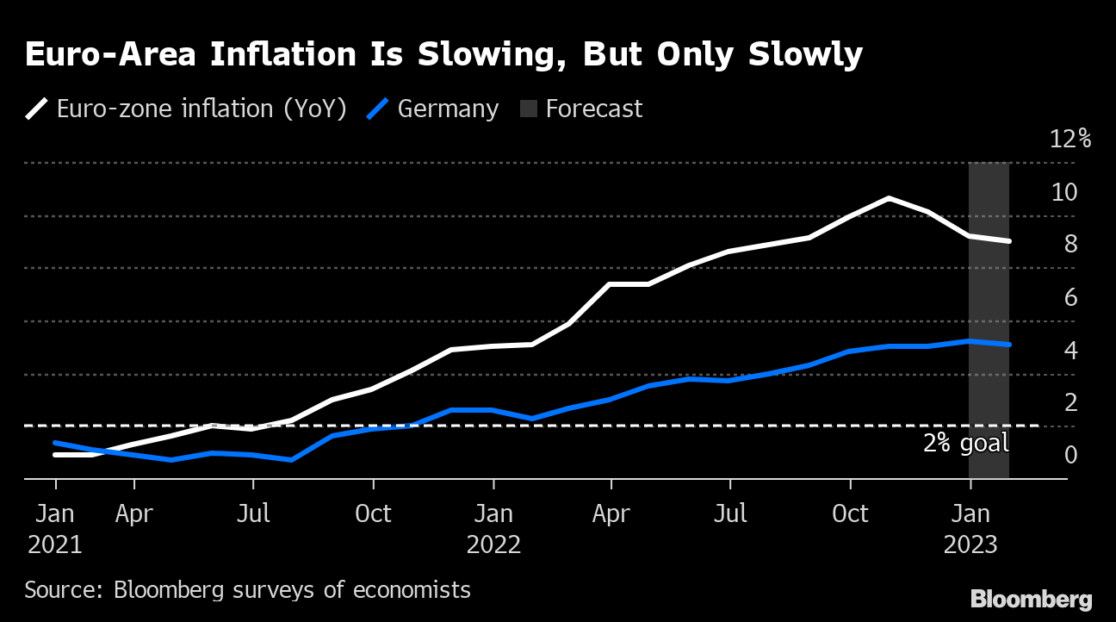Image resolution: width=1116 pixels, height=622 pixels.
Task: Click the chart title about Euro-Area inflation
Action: point(443,54)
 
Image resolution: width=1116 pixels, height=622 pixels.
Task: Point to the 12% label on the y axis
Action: point(1070,139)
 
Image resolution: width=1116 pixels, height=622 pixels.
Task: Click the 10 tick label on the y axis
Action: point(1064,192)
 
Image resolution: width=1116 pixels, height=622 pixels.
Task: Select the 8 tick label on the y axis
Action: point(1070,245)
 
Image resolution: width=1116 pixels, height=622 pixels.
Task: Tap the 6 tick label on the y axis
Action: point(1070,298)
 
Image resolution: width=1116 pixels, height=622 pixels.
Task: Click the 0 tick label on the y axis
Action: point(1070,454)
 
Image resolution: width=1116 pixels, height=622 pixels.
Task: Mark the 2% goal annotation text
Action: point(965,444)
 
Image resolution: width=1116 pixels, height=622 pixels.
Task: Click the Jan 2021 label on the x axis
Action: point(55,529)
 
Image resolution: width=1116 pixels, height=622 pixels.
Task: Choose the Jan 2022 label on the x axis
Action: point(493,529)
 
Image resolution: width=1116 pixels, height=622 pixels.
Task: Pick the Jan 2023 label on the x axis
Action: point(970,529)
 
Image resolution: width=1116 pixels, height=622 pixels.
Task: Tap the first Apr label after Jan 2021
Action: point(134,513)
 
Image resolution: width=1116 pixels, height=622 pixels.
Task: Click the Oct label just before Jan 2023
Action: point(850,513)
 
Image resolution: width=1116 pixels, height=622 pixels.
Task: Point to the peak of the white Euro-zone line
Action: point(889,198)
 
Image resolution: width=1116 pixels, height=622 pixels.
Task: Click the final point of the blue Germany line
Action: point(1009,345)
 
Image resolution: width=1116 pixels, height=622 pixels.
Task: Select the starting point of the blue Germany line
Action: point(55,443)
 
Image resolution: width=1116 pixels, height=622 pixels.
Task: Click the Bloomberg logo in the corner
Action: point(1031,600)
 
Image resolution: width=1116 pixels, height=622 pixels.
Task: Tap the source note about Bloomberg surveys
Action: point(247,590)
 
